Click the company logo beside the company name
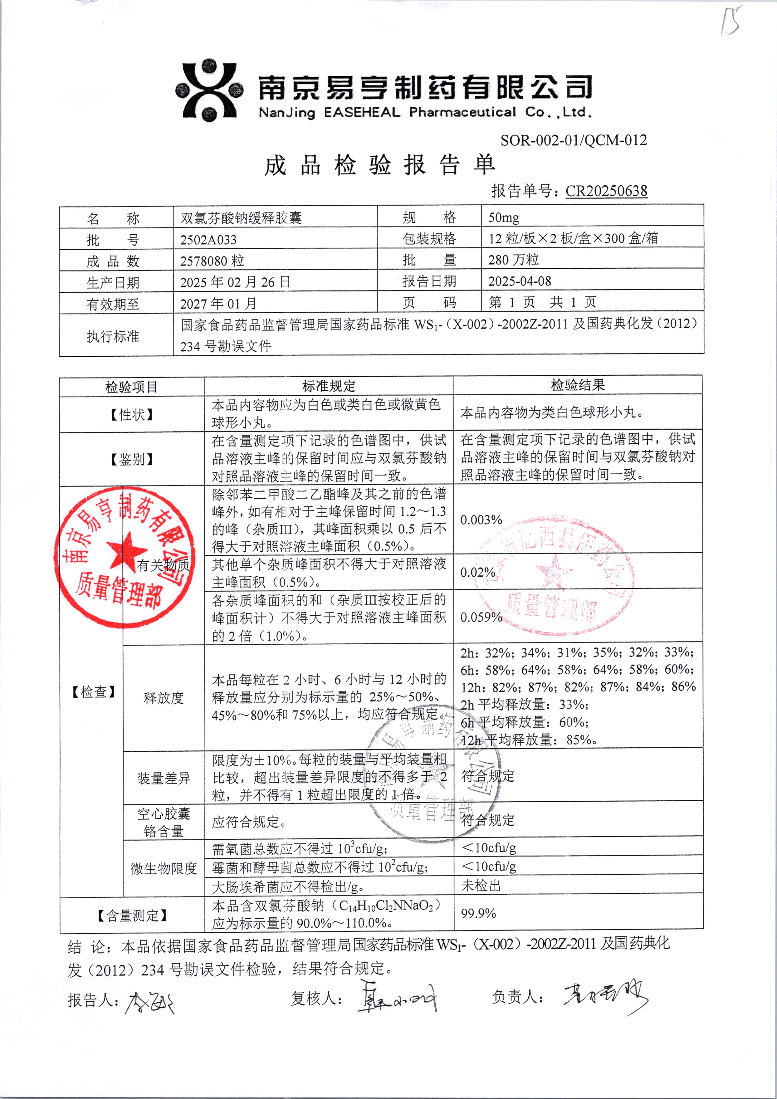click(x=209, y=90)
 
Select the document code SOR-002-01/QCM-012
click(x=574, y=140)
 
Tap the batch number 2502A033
click(x=208, y=239)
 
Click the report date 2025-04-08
click(x=520, y=281)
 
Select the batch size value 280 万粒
click(x=513, y=260)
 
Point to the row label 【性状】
click(x=132, y=414)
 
